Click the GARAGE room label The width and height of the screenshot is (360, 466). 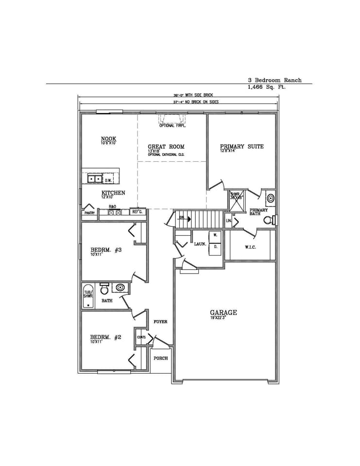223,312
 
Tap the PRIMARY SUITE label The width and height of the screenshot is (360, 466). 241,146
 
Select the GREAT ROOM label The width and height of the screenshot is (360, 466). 166,146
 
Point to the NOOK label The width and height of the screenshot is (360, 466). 108,139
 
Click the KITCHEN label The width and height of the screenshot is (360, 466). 113,193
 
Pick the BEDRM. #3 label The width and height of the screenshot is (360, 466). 105,250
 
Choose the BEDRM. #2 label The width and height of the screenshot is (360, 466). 105,337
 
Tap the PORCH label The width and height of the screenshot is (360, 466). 161,358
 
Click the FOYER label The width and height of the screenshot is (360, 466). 161,322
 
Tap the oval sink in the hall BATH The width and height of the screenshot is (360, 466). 120,288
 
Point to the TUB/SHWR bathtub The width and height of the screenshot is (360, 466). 88,296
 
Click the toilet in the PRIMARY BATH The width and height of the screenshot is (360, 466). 269,220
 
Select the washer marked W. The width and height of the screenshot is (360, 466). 215,235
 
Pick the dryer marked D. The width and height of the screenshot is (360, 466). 215,246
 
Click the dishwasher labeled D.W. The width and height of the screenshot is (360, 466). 108,180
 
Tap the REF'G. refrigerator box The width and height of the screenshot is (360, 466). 137,212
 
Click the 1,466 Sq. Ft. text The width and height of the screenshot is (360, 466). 267,88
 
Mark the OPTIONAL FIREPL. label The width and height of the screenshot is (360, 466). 172,126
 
